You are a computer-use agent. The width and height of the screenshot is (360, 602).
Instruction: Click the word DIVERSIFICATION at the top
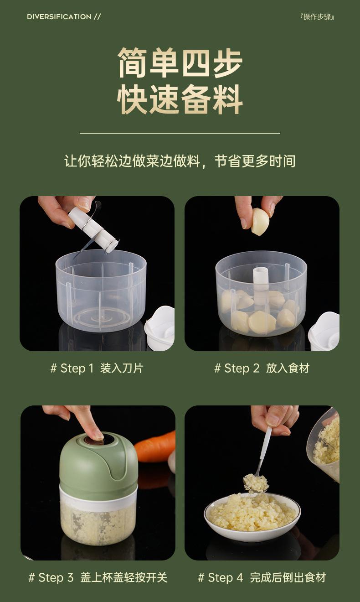(x=59, y=17)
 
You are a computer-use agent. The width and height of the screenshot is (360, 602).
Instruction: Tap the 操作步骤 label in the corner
(x=318, y=17)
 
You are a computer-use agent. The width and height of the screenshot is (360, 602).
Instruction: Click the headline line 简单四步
(x=180, y=62)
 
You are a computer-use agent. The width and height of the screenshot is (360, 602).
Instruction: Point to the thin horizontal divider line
(x=180, y=133)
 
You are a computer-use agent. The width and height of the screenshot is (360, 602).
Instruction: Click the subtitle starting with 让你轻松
(x=180, y=161)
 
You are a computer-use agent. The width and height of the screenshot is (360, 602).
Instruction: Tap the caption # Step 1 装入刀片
(x=97, y=368)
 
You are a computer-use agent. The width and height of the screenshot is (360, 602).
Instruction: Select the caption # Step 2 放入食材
(x=262, y=368)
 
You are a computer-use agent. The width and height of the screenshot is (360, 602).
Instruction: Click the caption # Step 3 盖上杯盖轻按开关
(x=98, y=578)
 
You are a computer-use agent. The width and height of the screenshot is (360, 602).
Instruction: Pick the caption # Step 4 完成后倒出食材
(x=262, y=578)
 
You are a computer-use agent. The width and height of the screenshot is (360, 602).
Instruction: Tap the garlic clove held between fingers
(x=260, y=222)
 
